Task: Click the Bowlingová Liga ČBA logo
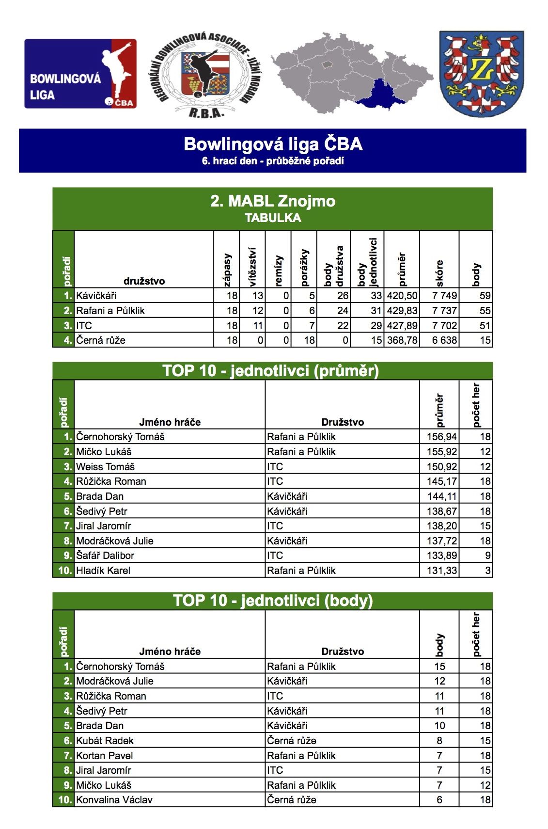coord(80,74)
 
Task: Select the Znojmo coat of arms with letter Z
coord(481,74)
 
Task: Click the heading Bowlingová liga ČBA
coord(273,144)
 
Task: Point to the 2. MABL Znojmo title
coord(273,201)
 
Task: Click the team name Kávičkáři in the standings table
coord(96,296)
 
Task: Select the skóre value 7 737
coord(444,311)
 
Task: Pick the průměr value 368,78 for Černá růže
coord(402,340)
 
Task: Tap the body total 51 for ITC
coord(485,326)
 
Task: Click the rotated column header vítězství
coord(252,267)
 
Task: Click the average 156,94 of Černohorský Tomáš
coord(441,437)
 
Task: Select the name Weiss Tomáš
coord(106,467)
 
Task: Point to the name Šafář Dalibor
coord(105,556)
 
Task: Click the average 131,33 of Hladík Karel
coord(441,571)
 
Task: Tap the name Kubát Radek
coord(105,741)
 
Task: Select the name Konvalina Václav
coord(114,800)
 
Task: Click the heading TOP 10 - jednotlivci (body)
coord(273,601)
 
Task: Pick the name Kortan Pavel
coord(105,756)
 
